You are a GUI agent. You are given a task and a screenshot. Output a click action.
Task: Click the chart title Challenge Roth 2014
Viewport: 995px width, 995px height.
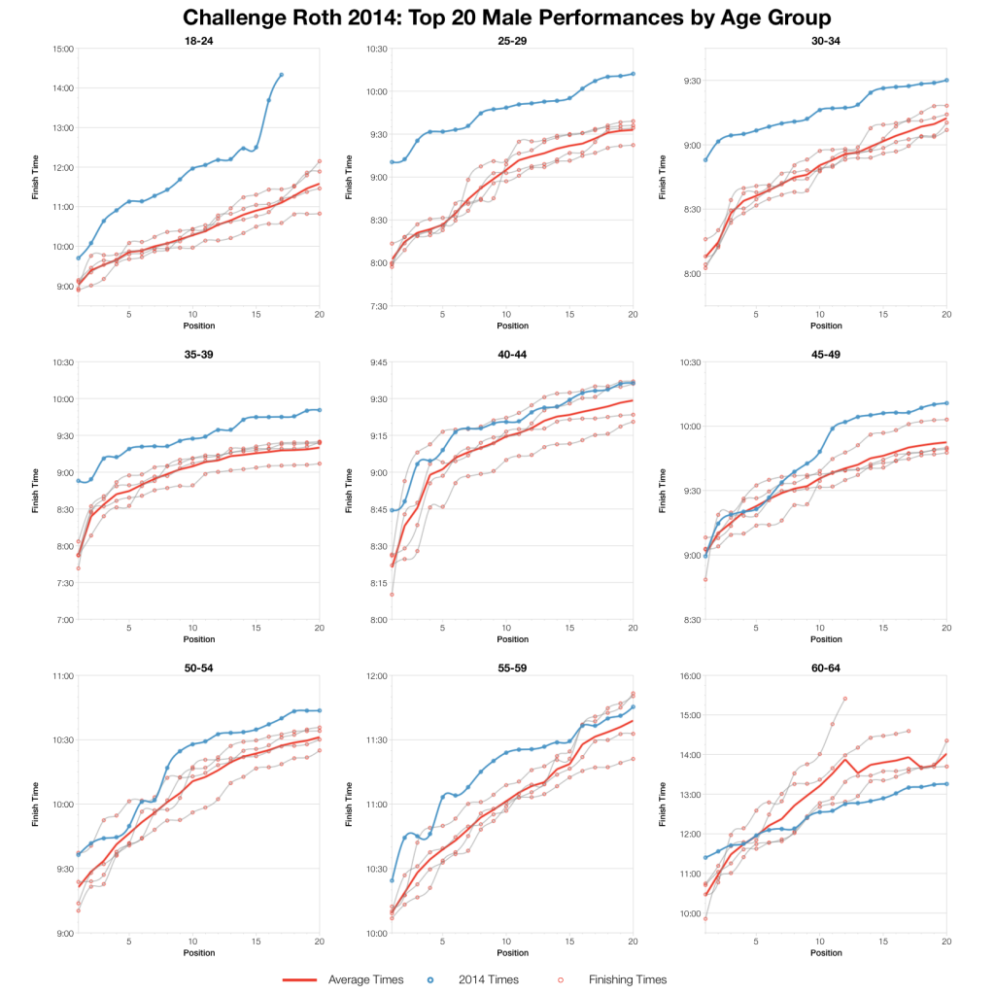pyautogui.click(x=497, y=17)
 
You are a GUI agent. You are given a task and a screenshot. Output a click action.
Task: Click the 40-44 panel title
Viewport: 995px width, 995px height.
pyautogui.click(x=511, y=355)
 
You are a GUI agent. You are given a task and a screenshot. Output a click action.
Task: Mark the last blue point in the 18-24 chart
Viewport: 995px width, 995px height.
pyautogui.click(x=281, y=75)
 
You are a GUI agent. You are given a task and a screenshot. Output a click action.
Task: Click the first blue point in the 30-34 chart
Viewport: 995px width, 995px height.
pyautogui.click(x=705, y=159)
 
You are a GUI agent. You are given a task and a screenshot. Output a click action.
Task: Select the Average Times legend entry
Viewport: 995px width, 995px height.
pyautogui.click(x=364, y=979)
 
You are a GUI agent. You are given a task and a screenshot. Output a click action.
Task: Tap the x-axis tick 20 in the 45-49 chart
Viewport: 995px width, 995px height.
pyautogui.click(x=945, y=628)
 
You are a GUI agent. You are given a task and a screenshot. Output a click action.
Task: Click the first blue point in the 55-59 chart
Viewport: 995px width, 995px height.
pyautogui.click(x=393, y=880)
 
